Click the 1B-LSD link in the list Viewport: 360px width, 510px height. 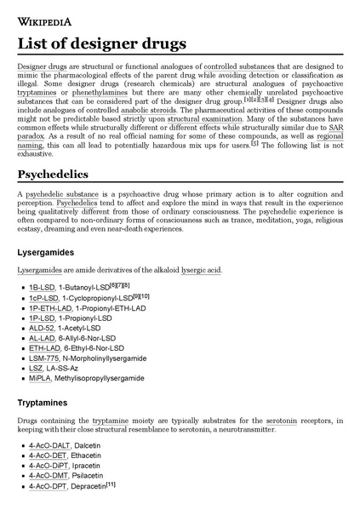pos(43,287)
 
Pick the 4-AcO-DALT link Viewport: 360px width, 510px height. pos(49,445)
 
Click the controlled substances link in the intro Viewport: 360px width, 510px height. pos(243,66)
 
